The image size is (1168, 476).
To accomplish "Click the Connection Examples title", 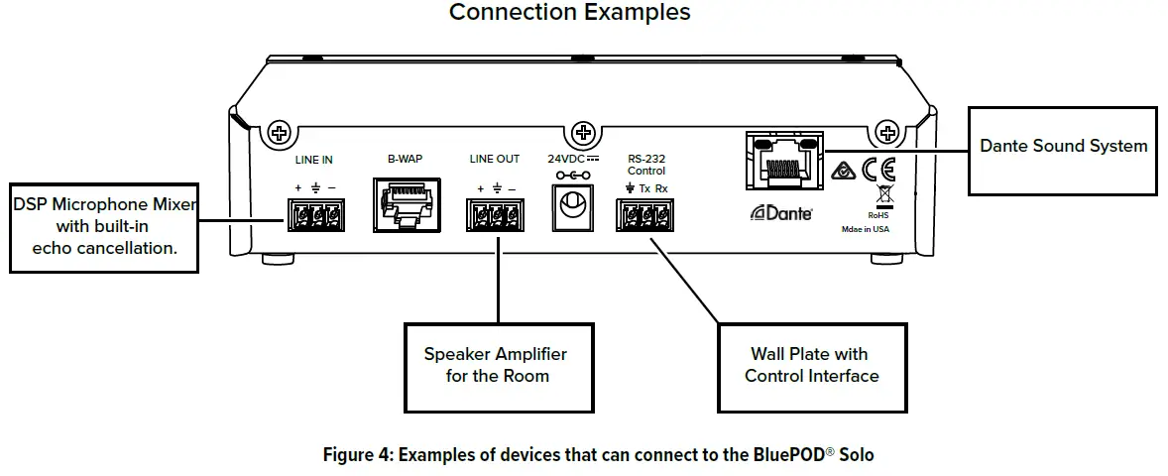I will (x=569, y=13).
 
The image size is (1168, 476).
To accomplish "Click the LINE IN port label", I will (x=313, y=160).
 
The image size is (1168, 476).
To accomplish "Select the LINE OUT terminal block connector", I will (x=494, y=214).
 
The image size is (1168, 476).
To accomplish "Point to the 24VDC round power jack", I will (x=570, y=207).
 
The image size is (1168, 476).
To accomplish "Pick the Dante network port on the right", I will (x=779, y=161).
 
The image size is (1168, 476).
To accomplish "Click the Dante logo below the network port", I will (x=782, y=211).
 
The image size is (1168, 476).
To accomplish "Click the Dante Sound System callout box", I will (x=1063, y=146).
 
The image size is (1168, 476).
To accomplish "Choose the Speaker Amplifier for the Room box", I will (x=496, y=365).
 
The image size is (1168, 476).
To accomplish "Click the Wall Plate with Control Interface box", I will (x=811, y=365).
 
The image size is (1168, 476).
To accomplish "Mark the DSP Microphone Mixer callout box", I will (x=104, y=226).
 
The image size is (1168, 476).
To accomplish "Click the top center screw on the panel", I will (x=584, y=132).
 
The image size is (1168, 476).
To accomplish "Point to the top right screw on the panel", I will (x=887, y=132).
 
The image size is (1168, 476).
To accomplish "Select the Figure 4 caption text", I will (x=598, y=455).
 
